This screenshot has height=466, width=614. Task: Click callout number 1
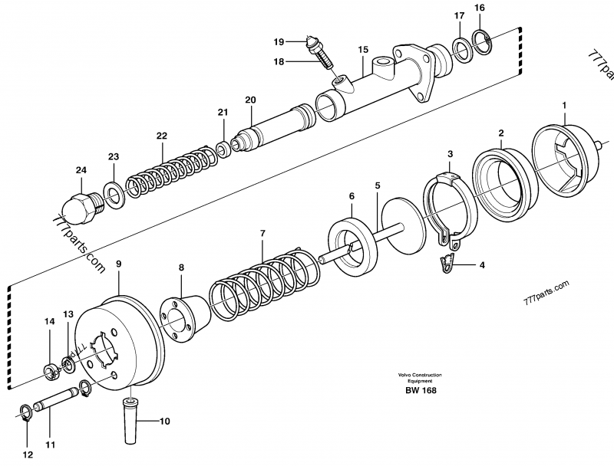564,104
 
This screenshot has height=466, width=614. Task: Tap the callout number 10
164,421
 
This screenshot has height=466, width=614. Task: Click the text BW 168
420,389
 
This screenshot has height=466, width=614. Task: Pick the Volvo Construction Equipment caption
420,377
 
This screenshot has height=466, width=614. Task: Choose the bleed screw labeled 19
315,48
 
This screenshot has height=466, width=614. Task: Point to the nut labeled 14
51,373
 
